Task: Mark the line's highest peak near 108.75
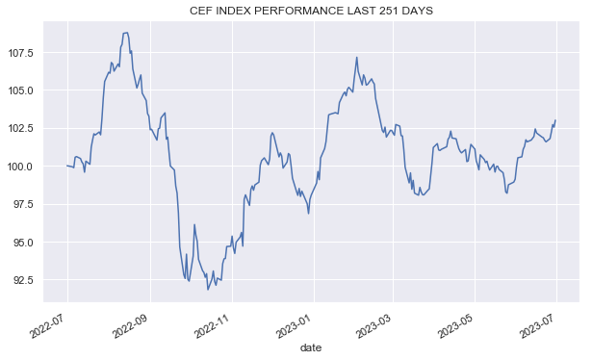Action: (126, 33)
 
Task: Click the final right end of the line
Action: (555, 120)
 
